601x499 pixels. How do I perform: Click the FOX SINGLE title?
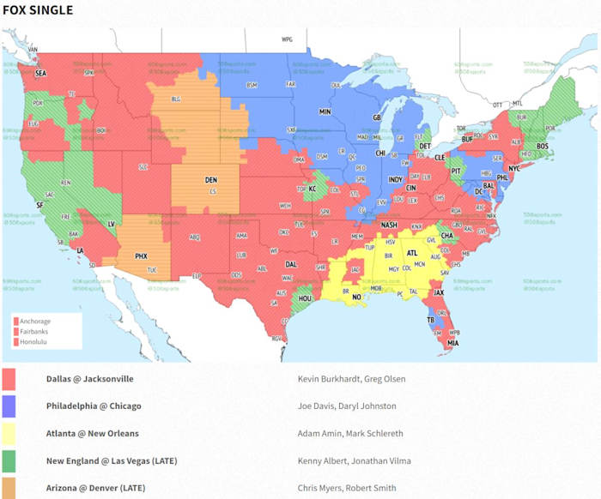[38, 10]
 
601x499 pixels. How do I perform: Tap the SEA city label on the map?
[40, 74]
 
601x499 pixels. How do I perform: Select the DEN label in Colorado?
[210, 180]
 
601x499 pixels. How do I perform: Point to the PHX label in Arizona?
[142, 256]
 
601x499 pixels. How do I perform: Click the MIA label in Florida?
[452, 344]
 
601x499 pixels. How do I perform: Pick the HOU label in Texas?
[304, 298]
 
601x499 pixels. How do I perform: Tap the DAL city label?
[291, 265]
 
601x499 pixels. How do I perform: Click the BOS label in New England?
[542, 147]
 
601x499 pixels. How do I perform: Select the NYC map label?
[514, 169]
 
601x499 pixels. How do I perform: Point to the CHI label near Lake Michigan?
[380, 153]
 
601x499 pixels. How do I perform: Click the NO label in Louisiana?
[355, 298]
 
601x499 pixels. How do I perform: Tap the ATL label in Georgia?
[412, 254]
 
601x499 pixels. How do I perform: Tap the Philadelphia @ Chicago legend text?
[94, 406]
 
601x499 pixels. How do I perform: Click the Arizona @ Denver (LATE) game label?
[95, 488]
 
